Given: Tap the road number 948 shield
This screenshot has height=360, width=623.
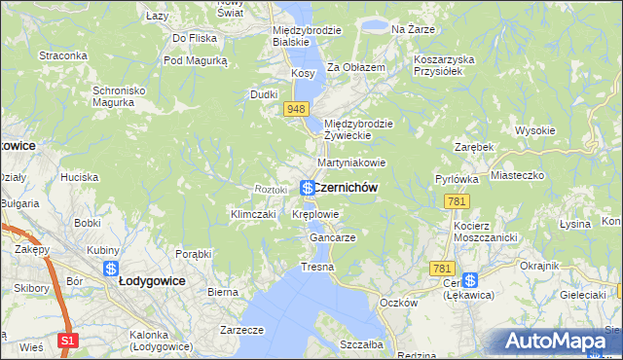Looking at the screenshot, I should point(298,109).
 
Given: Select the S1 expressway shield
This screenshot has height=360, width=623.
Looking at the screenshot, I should point(67,341).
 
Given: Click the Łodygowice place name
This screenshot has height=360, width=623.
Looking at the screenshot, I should point(153,279).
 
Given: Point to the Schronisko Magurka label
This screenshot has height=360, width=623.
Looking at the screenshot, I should point(119,96).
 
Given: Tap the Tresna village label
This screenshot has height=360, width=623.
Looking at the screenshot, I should point(317,267).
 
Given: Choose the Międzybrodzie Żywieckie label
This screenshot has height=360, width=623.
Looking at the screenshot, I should point(358,129).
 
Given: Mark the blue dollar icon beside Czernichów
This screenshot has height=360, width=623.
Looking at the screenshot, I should point(307,187).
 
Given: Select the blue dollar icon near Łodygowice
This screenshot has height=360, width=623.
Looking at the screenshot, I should point(112,268).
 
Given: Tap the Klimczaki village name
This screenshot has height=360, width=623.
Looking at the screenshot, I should point(251,214).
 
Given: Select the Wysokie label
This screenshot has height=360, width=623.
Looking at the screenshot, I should point(535,130).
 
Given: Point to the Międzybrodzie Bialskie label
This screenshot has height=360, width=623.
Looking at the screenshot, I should point(306,36).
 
